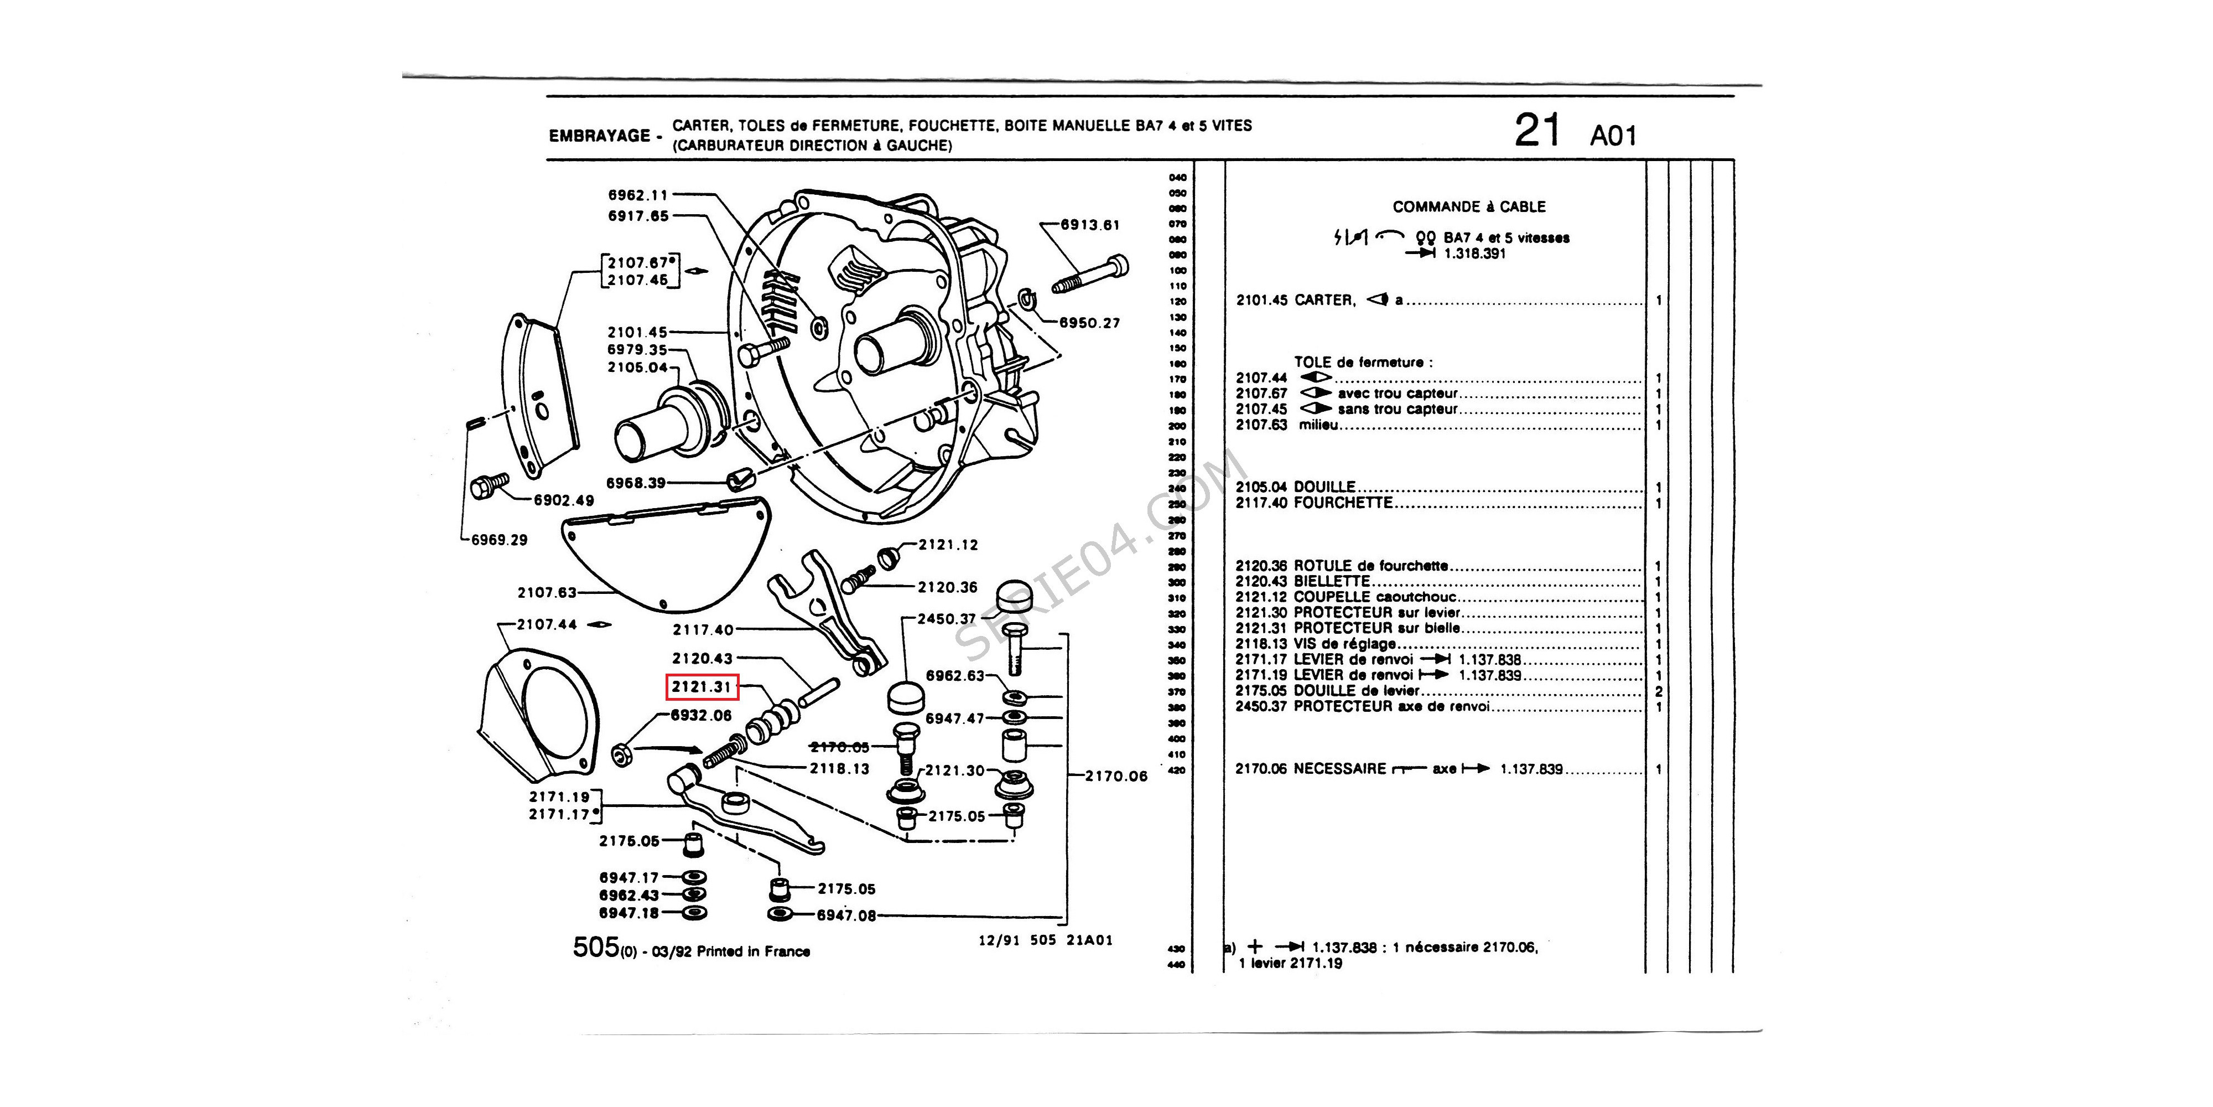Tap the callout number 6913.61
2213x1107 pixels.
[x=1089, y=225]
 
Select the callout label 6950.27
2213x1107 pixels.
[x=1089, y=323]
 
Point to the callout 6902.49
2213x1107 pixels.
[x=564, y=500]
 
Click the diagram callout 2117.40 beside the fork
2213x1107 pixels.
[x=703, y=630]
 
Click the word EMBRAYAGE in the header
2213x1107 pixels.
[x=600, y=136]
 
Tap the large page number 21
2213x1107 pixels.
[x=1536, y=132]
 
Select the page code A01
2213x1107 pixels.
[x=1613, y=136]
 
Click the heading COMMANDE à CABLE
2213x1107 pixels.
[x=1468, y=207]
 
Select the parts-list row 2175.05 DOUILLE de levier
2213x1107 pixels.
[x=1327, y=691]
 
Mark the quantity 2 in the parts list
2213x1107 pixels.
[x=1658, y=692]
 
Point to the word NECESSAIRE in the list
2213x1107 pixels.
[x=1339, y=769]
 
